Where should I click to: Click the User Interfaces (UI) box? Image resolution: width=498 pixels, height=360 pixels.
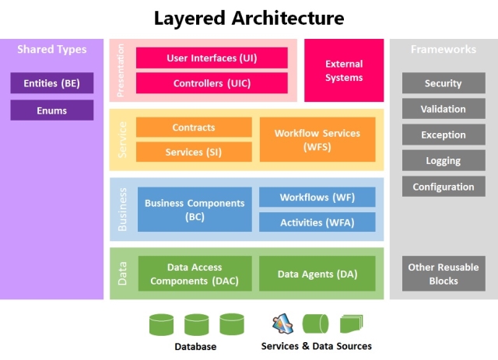point(212,58)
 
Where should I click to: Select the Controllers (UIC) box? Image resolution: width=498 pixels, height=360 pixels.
point(212,83)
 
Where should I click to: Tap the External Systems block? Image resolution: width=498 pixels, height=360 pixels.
point(344,71)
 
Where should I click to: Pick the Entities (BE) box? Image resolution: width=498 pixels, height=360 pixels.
point(52,83)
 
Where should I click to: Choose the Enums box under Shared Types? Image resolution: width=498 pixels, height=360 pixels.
point(52,110)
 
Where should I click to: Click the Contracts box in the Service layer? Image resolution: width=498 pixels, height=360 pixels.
point(194,128)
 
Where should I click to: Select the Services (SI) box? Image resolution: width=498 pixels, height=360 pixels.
point(194,152)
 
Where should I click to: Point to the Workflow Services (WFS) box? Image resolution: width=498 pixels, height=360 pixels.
point(317,140)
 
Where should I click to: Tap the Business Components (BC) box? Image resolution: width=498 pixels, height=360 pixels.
point(195,209)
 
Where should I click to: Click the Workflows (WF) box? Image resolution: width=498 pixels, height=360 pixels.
point(317,197)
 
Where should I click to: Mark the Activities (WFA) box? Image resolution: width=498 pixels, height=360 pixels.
point(317,222)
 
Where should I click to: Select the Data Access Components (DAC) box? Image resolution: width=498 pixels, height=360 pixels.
point(195,274)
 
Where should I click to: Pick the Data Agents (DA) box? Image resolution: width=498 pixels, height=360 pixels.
point(317,274)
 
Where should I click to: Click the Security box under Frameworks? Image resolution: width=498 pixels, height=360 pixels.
point(444,83)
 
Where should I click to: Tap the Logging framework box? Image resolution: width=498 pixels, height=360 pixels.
point(444,160)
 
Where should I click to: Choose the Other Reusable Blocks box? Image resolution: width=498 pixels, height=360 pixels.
point(444,274)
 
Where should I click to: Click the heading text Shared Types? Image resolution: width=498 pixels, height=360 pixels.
point(52,49)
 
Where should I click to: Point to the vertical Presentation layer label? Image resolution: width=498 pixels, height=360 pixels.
point(121,71)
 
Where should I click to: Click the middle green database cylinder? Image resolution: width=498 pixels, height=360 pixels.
point(197,324)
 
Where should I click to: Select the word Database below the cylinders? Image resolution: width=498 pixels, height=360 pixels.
point(195,346)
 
